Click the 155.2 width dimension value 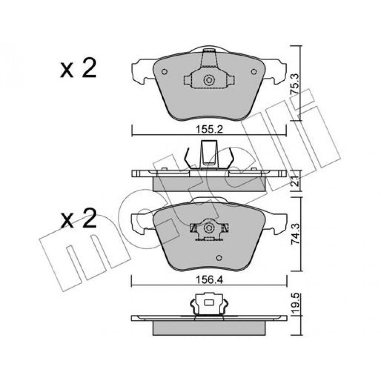(209, 130)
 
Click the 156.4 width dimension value (209, 280)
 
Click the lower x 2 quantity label (78, 218)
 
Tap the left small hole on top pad (165, 72)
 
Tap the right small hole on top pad (254, 72)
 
